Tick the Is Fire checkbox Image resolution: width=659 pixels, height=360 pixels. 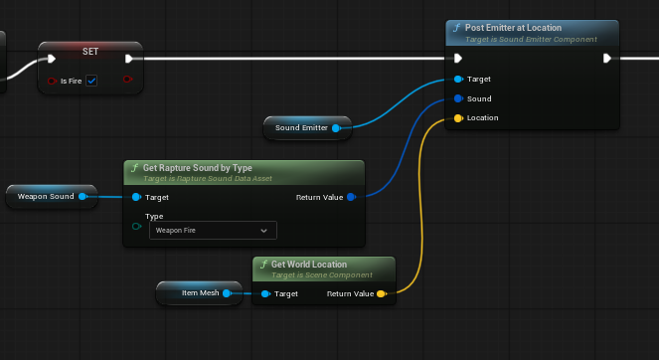pyautogui.click(x=91, y=81)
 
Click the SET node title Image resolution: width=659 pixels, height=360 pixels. pyautogui.click(x=90, y=52)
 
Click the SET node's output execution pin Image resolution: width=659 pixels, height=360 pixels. pyautogui.click(x=129, y=59)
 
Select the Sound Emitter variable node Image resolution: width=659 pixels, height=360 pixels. pyautogui.click(x=307, y=128)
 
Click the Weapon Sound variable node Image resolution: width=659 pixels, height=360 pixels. pyautogui.click(x=52, y=196)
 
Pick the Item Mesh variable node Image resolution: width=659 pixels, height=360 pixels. pyautogui.click(x=199, y=293)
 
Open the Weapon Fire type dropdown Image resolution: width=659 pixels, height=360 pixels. pyautogui.click(x=213, y=231)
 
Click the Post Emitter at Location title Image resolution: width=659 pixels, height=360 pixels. pyautogui.click(x=513, y=28)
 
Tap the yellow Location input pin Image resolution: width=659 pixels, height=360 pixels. pyautogui.click(x=458, y=118)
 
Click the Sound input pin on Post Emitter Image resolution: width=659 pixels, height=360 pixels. pyautogui.click(x=458, y=98)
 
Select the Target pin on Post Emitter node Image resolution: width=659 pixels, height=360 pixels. pyautogui.click(x=458, y=80)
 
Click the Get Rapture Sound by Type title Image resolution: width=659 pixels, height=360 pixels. pyautogui.click(x=198, y=168)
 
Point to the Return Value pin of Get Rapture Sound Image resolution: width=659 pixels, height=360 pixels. pyautogui.click(x=351, y=197)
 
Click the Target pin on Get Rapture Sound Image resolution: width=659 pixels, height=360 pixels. pyautogui.click(x=136, y=197)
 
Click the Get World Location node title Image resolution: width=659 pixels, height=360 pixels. pyautogui.click(x=309, y=265)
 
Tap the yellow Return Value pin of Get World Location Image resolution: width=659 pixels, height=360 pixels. pyautogui.click(x=382, y=293)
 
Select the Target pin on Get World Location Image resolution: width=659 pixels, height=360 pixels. pyautogui.click(x=265, y=293)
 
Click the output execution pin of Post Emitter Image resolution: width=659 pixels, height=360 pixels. pyautogui.click(x=607, y=58)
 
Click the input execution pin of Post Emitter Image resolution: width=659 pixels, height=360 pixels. pyautogui.click(x=458, y=58)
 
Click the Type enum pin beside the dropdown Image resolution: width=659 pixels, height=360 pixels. pyautogui.click(x=136, y=227)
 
